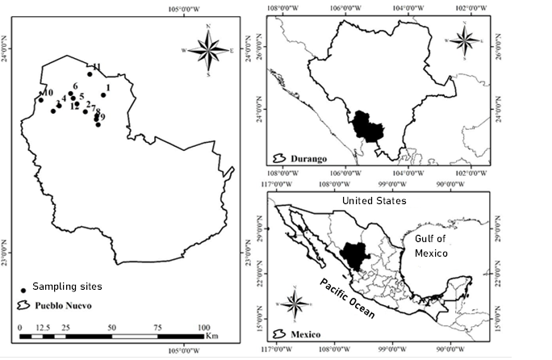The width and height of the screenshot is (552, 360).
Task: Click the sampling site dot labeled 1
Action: coord(103,95)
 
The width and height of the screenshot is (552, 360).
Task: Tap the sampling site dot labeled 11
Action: coord(90,74)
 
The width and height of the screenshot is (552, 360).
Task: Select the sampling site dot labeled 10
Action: coord(40,100)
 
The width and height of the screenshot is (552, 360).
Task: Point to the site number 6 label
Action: coord(75,86)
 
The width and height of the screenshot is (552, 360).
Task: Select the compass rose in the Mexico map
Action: coord(296,304)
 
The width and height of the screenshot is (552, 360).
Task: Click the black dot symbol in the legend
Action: coord(23,290)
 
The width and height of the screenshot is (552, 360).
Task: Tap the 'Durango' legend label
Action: coord(309,159)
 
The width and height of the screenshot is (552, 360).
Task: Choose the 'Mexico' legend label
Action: coord(306,334)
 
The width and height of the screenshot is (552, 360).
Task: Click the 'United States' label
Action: coord(374,200)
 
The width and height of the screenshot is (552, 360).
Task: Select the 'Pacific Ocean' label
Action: coord(346,299)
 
